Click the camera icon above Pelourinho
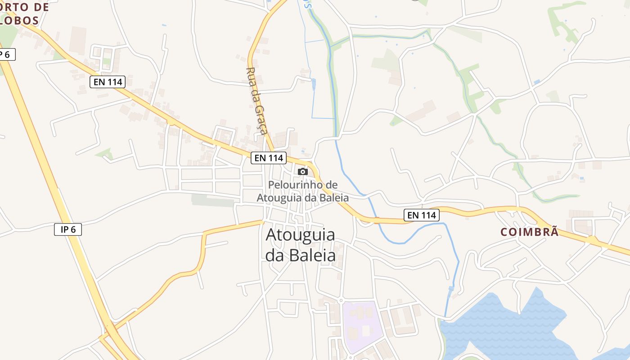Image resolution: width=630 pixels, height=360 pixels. coord(303,171)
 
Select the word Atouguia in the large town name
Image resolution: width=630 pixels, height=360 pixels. coord(300,235)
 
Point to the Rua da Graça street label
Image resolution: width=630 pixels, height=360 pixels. coord(257,101)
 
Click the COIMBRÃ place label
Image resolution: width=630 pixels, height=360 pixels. coord(530,232)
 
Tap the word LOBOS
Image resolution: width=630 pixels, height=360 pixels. coord(20,20)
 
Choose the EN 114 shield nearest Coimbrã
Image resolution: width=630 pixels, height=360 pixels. coord(421,215)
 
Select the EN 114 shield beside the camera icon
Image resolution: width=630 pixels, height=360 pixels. coord(269,157)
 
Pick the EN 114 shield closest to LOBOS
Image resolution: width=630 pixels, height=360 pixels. coord(107,82)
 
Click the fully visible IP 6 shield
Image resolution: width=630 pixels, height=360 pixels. coord(68,229)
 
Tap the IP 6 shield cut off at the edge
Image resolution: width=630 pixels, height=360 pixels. coord(6,54)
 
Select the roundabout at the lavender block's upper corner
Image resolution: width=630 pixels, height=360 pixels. coord(341,300)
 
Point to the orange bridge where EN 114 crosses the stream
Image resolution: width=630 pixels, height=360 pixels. coord(376,220)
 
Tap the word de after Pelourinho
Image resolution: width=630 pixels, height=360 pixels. coord(331,184)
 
